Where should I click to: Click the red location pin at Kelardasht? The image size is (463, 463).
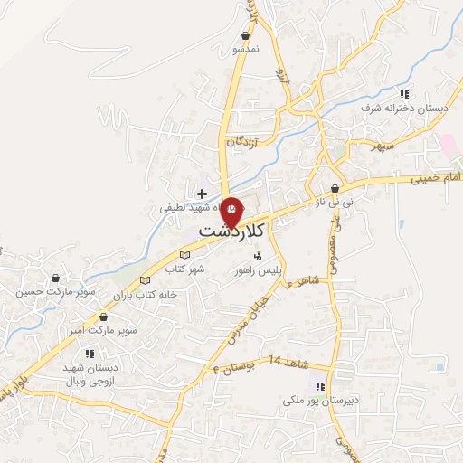coord(232,211)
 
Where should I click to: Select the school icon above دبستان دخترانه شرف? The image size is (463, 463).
coord(405,94)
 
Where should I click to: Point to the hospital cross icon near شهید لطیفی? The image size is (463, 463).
coord(202,194)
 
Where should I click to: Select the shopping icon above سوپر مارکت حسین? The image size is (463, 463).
coord(56,279)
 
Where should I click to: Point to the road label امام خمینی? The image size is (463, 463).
coord(430,181)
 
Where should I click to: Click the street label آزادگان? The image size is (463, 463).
coord(248,142)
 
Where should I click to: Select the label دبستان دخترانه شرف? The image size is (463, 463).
coord(392,109)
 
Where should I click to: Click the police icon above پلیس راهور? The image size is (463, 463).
coord(258,256)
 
